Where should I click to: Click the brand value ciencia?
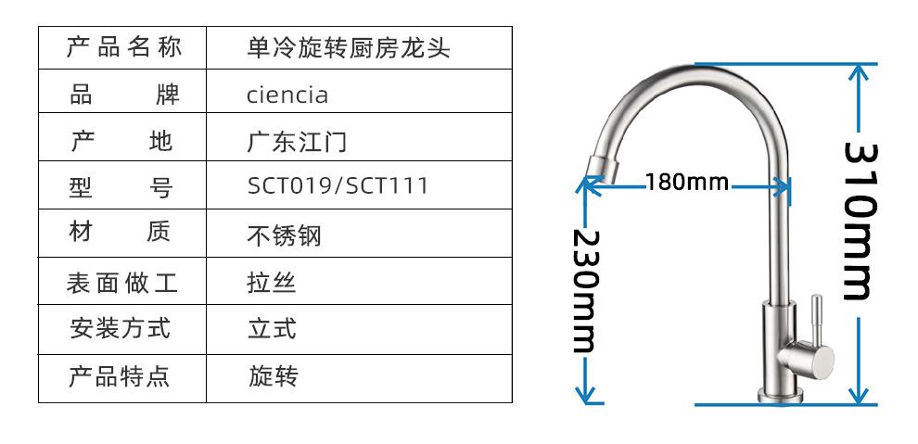pyautogui.click(x=287, y=95)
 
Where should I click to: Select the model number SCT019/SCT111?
pyautogui.click(x=338, y=186)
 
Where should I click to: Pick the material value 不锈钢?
pyautogui.click(x=284, y=235)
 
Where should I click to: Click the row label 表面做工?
pyautogui.click(x=121, y=283)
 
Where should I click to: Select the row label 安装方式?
pyautogui.click(x=121, y=328)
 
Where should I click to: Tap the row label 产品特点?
pyautogui.click(x=121, y=376)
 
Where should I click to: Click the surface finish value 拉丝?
pyautogui.click(x=272, y=283)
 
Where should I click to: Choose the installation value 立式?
pyautogui.click(x=272, y=329)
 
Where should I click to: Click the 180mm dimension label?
pyautogui.click(x=687, y=182)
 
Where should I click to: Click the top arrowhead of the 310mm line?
pyautogui.click(x=860, y=70)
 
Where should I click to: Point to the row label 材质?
pyautogui.click(x=121, y=232)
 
